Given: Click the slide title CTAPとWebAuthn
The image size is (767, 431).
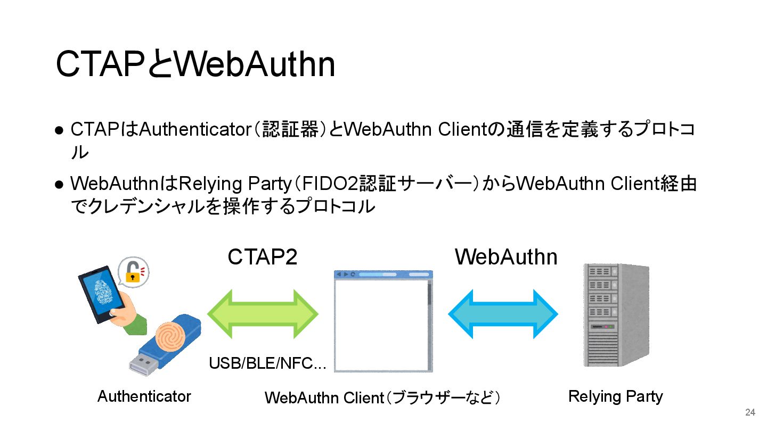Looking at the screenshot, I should coord(195,64).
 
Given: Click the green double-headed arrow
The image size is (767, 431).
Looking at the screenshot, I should coord(262,314).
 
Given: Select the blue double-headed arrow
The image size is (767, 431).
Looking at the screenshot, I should coord(503,314).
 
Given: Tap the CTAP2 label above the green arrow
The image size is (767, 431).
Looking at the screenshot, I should coord(262,257).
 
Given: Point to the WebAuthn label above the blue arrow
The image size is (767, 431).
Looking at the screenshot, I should coord(505,257).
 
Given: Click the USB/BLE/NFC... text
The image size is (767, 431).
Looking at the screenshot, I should coord(267,363).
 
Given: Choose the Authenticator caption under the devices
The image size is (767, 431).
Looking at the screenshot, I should coord(144,396).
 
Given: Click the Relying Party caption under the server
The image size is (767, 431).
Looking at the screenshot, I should coord(615,396).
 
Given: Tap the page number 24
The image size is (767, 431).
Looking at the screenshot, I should coord(750,412).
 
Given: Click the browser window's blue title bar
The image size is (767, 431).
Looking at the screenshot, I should coord(383,274).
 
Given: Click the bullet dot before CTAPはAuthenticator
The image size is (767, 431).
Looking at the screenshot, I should coord(60,130).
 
